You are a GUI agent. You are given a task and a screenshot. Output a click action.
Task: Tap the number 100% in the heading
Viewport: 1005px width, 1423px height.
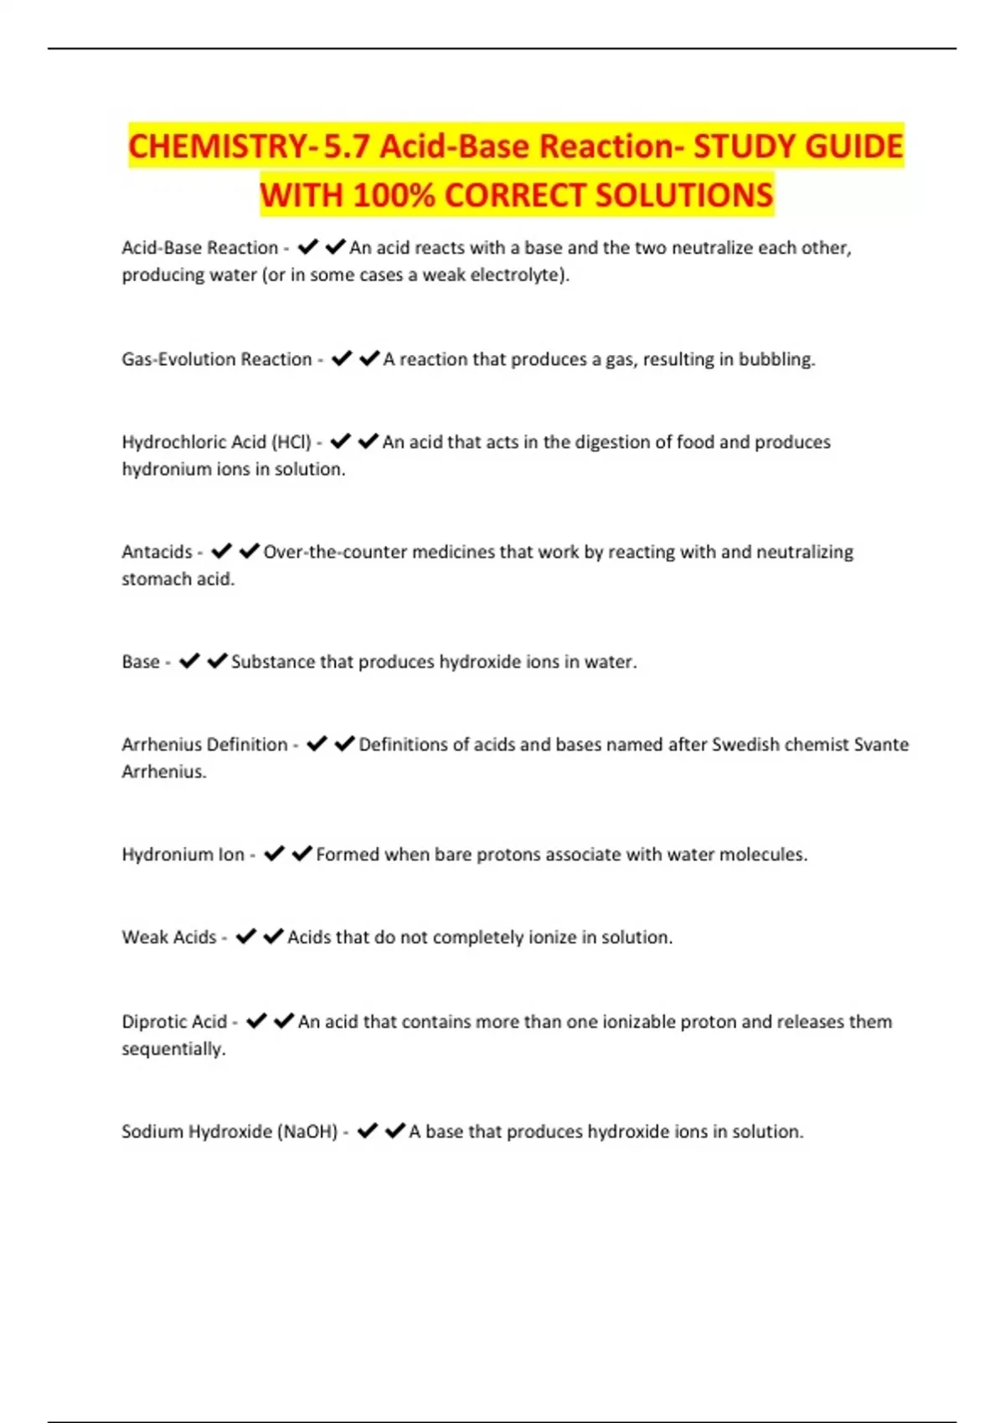[x=394, y=195]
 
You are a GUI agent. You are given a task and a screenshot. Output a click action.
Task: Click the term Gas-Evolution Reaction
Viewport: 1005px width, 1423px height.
[x=216, y=359]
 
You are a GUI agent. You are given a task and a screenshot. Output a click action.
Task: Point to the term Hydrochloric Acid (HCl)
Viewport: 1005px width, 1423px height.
[x=216, y=442]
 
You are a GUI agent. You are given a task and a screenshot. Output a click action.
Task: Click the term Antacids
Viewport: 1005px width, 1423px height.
[x=157, y=552]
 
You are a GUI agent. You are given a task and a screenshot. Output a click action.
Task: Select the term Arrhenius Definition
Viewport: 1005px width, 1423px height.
[x=204, y=744]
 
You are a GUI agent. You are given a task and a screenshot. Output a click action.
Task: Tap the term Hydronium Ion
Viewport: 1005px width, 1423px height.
[x=183, y=855]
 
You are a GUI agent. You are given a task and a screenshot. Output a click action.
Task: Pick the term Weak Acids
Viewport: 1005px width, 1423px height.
[x=169, y=938]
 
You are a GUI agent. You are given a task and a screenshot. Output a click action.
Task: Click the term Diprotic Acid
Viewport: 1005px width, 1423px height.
[x=174, y=1021]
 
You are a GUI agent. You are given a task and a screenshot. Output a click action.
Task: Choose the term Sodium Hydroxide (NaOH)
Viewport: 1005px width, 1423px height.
[x=229, y=1132]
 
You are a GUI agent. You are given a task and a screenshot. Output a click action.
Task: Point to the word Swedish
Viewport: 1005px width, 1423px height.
[x=745, y=744]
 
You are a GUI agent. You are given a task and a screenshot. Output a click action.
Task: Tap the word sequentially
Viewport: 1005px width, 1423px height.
[x=173, y=1049]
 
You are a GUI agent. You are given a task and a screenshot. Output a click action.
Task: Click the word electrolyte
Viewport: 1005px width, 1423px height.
[x=518, y=275]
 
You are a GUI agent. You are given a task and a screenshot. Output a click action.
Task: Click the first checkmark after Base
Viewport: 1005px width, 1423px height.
[x=190, y=661]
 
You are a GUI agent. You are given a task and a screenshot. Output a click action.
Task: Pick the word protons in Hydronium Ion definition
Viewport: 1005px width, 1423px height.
[x=508, y=855]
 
